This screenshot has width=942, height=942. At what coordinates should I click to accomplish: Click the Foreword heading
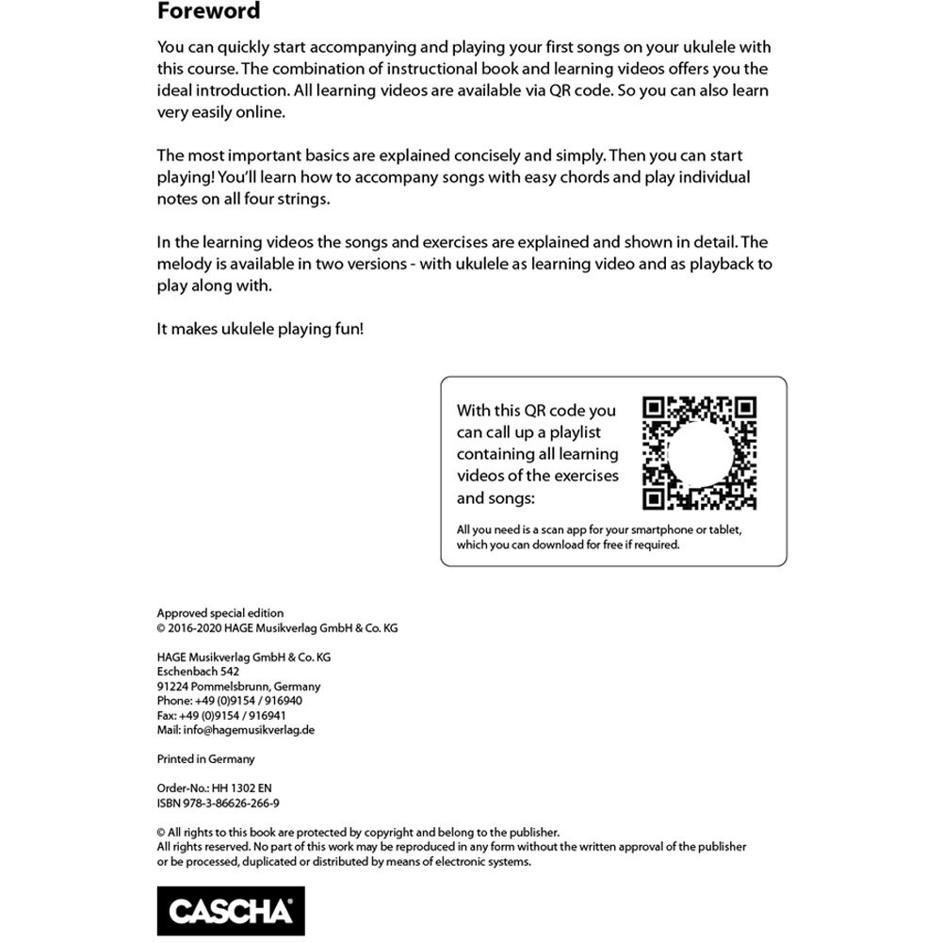[208, 12]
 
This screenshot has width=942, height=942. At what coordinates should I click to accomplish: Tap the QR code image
[699, 453]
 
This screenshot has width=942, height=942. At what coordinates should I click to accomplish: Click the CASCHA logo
[231, 910]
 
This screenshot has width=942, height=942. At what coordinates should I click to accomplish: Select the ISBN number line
[218, 804]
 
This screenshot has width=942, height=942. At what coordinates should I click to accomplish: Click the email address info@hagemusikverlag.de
[235, 729]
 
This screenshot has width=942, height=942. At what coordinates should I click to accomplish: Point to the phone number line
[229, 701]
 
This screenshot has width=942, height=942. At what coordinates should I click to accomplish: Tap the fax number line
[221, 715]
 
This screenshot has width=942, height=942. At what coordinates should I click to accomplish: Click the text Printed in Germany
[205, 759]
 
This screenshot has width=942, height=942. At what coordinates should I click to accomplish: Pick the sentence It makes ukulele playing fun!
[260, 330]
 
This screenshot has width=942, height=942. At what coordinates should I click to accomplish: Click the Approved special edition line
[219, 613]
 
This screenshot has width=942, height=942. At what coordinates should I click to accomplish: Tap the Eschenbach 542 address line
[197, 672]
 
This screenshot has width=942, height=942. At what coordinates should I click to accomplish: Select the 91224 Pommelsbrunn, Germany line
[238, 687]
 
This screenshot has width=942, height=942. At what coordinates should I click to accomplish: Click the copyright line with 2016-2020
[277, 628]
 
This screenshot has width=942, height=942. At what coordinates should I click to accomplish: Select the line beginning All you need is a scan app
[598, 530]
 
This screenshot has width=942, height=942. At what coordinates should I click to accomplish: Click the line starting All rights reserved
[451, 847]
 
